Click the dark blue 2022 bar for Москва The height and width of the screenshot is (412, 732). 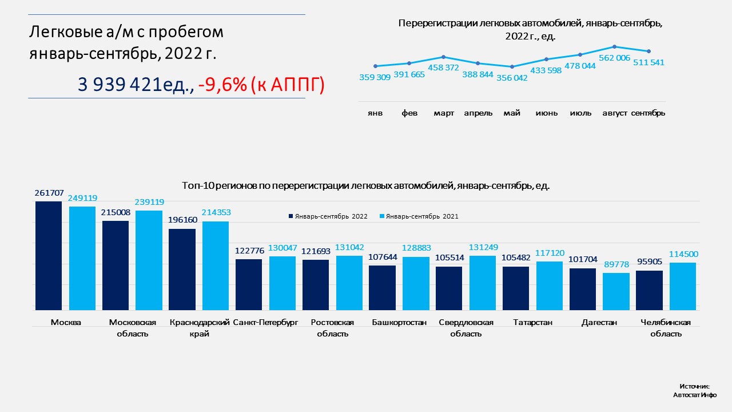(49, 255)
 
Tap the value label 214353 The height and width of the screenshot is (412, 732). (216, 212)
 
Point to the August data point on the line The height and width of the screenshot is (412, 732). (614, 46)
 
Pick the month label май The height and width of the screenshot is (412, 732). (512, 113)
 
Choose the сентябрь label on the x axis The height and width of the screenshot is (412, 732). (648, 113)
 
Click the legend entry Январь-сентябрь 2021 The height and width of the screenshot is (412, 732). (422, 216)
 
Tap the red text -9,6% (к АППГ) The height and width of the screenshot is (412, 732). (261, 85)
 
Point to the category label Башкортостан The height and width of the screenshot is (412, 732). (399, 323)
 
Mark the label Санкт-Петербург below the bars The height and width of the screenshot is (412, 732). (266, 323)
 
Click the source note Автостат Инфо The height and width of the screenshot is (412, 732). (695, 395)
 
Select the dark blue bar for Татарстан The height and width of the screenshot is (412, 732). (516, 288)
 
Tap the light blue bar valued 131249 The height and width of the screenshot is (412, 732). (483, 283)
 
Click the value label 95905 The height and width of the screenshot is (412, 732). (649, 262)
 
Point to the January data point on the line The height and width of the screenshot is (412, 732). (375, 66)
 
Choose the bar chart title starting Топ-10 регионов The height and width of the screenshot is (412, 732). (365, 186)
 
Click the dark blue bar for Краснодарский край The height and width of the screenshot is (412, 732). (182, 269)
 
